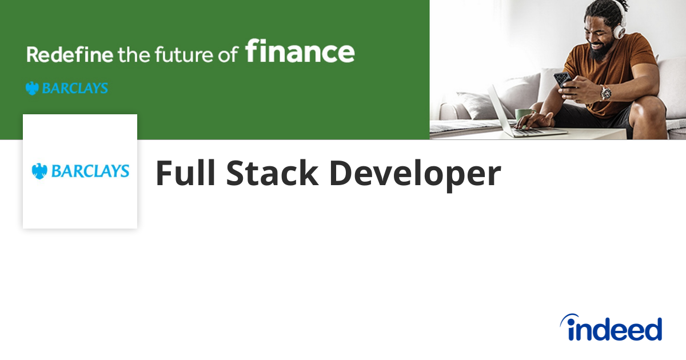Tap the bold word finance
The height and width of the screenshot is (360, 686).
coord(300,51)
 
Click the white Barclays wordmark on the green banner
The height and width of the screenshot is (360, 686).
coord(74,89)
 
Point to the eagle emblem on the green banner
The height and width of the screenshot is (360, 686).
coord(32,89)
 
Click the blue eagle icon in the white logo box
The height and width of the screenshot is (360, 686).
coord(39,171)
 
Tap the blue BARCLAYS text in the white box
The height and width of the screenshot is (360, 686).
coord(90,171)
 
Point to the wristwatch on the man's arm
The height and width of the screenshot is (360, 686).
coord(605,93)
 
